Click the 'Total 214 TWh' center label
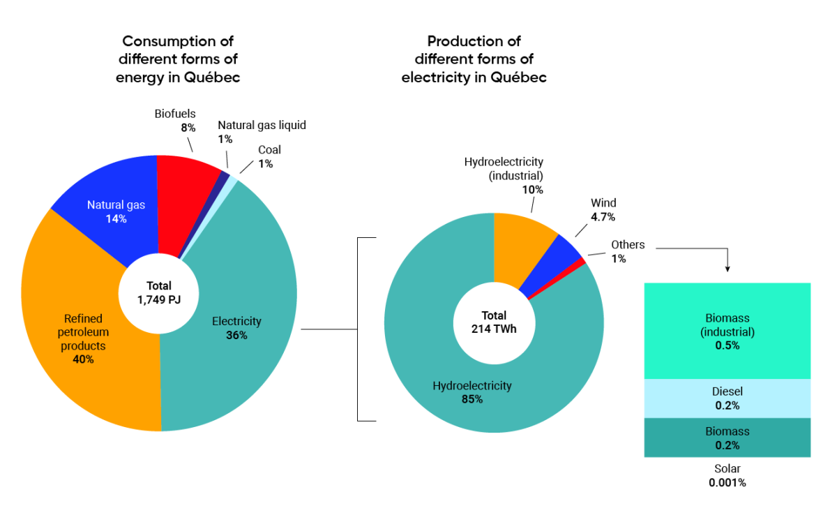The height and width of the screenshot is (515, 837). click(494, 322)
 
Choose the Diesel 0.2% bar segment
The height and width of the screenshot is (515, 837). click(727, 398)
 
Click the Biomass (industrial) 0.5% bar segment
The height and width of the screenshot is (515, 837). click(727, 331)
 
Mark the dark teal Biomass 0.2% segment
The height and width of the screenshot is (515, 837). click(727, 438)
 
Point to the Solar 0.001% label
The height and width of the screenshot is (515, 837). click(727, 475)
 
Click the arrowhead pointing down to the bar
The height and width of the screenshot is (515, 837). click(727, 269)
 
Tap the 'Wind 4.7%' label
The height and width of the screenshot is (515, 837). click(603, 210)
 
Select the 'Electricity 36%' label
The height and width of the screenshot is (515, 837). click(236, 328)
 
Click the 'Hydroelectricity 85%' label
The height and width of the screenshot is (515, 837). click(472, 392)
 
